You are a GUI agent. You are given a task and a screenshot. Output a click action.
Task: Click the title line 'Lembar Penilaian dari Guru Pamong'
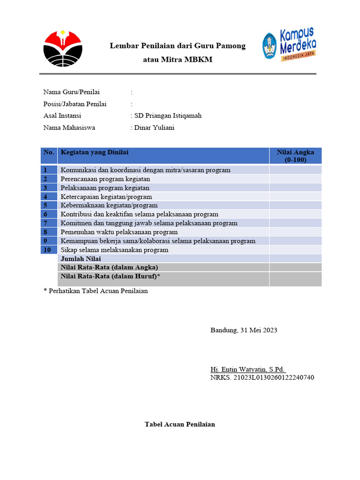177,46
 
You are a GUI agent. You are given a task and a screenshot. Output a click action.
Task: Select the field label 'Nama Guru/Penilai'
72,92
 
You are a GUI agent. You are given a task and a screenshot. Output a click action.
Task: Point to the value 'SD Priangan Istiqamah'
168,116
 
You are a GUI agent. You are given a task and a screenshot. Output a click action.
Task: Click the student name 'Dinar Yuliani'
154,127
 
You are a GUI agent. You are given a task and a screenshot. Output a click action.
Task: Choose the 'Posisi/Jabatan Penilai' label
75,104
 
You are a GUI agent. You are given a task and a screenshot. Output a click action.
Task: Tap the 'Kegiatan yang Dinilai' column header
95,152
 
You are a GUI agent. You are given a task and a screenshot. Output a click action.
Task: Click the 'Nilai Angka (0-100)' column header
295,156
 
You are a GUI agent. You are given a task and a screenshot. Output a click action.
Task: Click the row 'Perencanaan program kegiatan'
105,179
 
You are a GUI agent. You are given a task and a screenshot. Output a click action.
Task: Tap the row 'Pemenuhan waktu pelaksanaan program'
120,232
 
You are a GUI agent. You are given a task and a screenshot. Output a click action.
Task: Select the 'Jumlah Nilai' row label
81,259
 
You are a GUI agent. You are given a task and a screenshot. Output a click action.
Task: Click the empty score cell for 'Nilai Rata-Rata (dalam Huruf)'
295,279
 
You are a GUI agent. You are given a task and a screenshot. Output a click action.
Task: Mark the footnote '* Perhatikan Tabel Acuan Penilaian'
96,291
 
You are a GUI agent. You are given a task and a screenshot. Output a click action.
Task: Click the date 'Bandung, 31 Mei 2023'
244,330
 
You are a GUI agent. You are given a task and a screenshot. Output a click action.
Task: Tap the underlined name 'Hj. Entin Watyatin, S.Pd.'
248,369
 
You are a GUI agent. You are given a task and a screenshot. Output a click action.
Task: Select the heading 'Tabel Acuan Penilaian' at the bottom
180,425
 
